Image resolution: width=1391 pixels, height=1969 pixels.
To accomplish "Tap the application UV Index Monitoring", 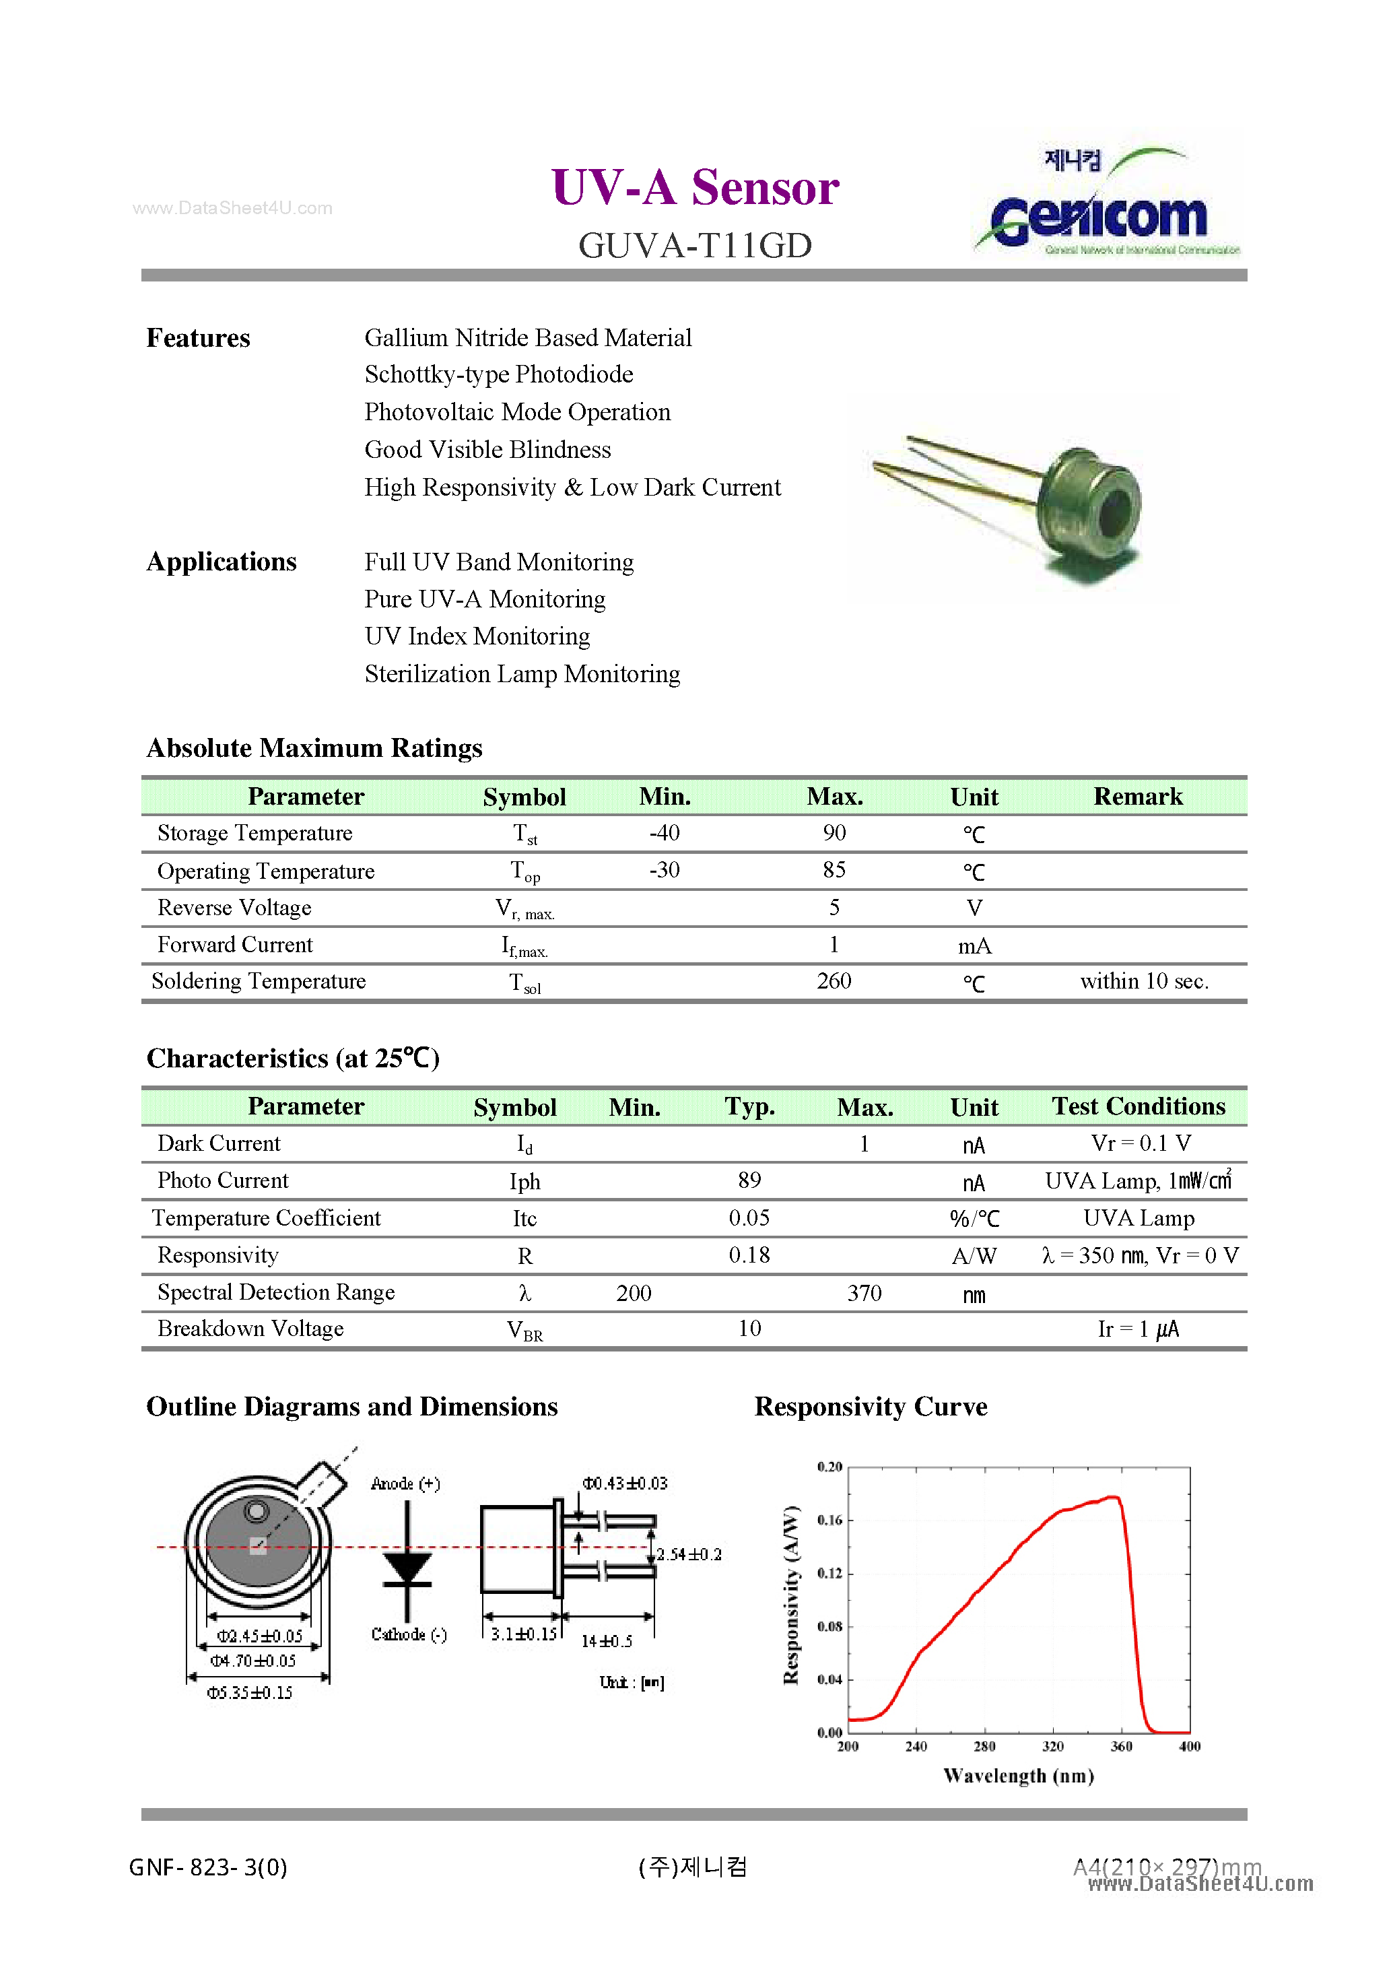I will click(477, 636).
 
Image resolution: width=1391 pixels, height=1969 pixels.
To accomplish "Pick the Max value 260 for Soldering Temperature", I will click(834, 981).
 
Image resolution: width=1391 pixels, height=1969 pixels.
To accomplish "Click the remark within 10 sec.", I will click(1143, 981).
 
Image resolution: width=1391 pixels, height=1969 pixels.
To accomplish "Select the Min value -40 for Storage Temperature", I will click(664, 833).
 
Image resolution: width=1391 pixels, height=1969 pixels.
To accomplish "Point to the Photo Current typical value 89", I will click(749, 1181).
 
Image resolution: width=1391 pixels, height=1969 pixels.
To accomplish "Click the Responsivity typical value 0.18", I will click(749, 1255).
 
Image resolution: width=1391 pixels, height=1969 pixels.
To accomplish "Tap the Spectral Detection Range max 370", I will click(864, 1293).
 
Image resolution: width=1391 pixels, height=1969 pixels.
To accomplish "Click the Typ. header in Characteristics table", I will click(749, 1106).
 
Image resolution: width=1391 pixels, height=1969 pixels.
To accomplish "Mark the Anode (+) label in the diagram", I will click(405, 1483).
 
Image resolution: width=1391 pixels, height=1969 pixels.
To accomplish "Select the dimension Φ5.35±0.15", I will click(250, 1693).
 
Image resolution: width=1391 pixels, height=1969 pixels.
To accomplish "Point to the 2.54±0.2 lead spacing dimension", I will click(689, 1555).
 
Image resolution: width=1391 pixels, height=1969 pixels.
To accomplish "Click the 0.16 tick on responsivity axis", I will click(829, 1521).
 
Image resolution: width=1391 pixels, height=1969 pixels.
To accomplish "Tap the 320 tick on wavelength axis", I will click(1052, 1747).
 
